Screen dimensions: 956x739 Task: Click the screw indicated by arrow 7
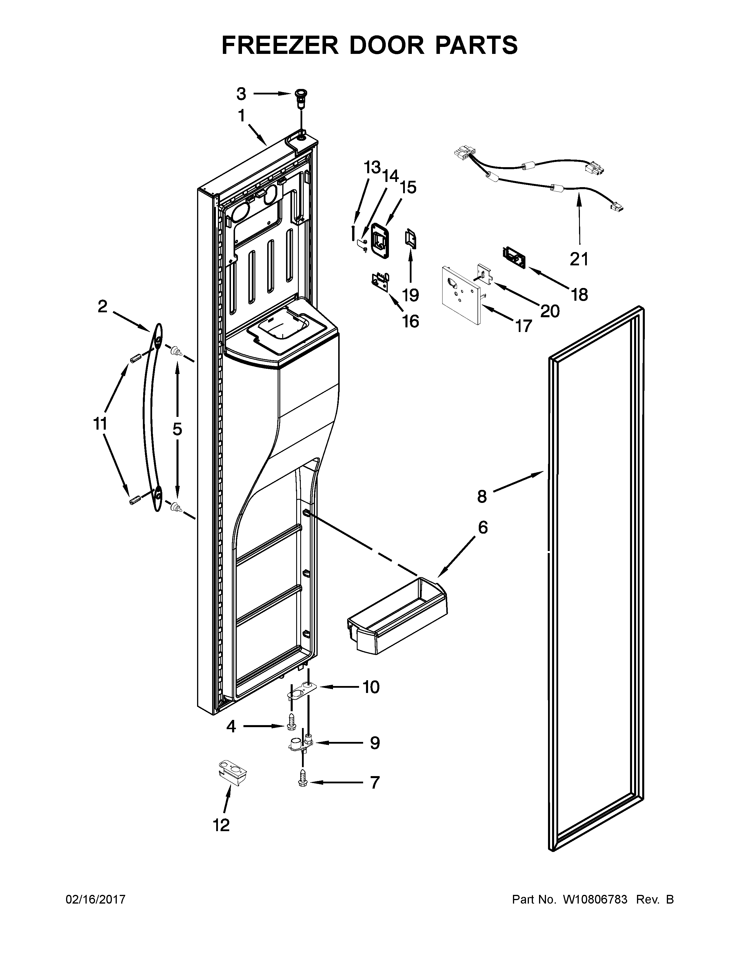tap(303, 782)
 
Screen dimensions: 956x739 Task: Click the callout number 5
tap(177, 429)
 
